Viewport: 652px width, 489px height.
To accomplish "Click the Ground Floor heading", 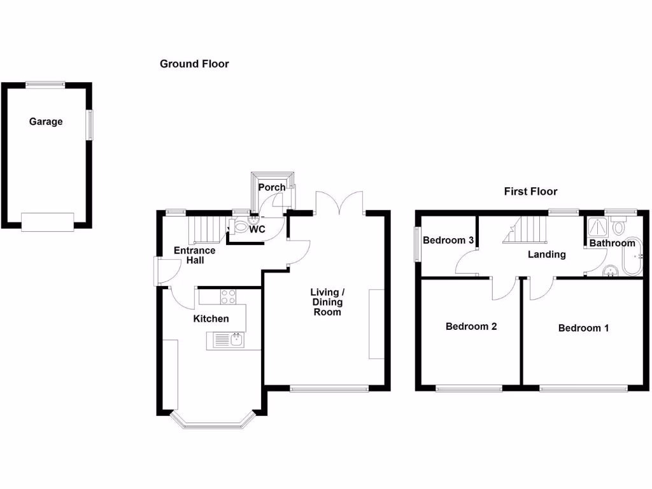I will coord(194,64).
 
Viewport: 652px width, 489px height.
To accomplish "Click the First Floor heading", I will coord(530,191).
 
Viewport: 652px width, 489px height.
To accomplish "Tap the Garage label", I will coord(46,121).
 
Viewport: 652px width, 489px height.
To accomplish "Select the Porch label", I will coord(272,187).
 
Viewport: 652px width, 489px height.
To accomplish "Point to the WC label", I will coord(257,229).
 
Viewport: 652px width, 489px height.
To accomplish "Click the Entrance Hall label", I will coord(194,255).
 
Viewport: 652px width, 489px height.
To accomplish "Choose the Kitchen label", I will coord(211,318).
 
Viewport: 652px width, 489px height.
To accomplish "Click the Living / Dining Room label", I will coord(327,302).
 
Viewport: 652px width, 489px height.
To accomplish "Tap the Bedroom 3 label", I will coord(448,241).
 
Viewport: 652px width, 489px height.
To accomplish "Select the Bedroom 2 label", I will coord(471,326).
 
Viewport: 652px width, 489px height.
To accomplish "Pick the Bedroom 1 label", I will coord(583,328).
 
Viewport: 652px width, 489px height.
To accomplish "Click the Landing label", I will coord(547,254).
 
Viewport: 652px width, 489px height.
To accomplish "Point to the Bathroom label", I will coord(612,243).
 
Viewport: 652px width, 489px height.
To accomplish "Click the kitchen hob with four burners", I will coord(228,296).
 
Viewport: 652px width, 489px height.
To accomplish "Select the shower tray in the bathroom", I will coord(597,225).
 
